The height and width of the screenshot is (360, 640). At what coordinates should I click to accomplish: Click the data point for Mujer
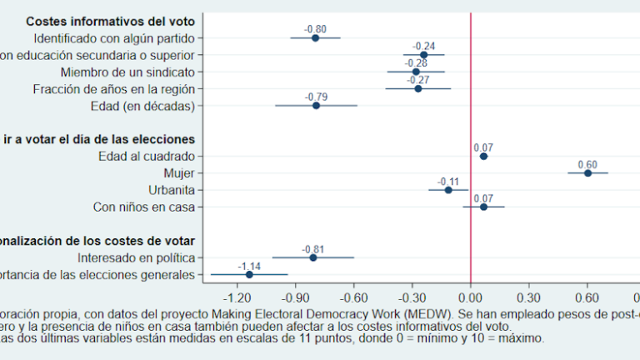click(587, 172)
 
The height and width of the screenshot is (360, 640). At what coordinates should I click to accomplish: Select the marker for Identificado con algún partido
click(316, 37)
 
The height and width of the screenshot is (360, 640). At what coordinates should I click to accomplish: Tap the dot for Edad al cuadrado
click(483, 156)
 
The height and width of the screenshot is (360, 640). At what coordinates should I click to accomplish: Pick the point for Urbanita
click(448, 190)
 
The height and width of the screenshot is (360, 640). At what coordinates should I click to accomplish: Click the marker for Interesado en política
click(313, 257)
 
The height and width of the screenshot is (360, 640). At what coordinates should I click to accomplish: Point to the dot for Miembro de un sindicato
click(416, 72)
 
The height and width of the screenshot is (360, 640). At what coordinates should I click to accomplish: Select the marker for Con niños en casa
click(483, 207)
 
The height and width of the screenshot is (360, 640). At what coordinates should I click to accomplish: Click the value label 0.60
click(587, 164)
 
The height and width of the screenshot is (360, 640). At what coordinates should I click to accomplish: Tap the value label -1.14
click(250, 266)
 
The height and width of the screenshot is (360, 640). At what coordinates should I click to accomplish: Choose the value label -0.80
click(316, 29)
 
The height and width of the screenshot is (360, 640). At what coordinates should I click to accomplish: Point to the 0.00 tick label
click(471, 296)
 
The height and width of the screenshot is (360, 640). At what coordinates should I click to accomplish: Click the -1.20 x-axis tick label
click(239, 296)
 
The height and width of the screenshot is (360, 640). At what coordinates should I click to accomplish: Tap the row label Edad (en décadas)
click(142, 106)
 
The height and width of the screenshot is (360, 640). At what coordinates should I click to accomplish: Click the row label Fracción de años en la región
click(114, 88)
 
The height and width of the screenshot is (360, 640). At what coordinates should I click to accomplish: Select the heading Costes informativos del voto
click(111, 21)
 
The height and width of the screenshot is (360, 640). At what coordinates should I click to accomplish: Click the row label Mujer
click(179, 172)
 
